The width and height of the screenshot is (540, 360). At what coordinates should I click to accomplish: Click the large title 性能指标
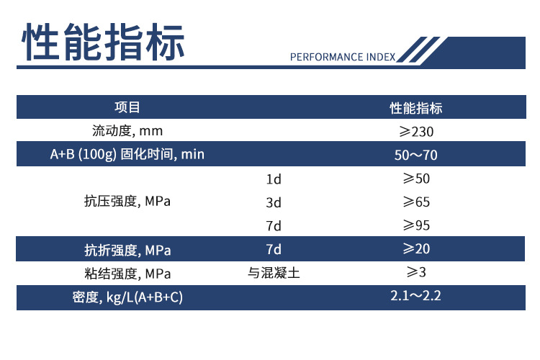(x=103, y=42)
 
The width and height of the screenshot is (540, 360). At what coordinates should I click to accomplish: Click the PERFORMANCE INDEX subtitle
(x=343, y=57)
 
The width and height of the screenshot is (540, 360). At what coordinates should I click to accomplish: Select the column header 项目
(x=127, y=107)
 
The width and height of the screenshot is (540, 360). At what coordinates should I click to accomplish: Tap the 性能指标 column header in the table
(x=416, y=108)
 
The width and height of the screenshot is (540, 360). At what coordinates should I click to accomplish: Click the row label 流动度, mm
(x=127, y=131)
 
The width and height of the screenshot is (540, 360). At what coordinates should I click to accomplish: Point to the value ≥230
(x=416, y=132)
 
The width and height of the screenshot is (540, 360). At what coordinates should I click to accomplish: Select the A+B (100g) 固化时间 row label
(x=127, y=154)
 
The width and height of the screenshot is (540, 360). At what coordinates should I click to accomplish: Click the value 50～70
(x=415, y=155)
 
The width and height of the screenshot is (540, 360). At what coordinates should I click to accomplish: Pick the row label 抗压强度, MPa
(x=127, y=201)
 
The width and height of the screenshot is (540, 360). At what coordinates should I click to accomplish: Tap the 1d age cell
(x=274, y=179)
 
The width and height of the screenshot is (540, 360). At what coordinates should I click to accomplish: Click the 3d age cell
(x=274, y=202)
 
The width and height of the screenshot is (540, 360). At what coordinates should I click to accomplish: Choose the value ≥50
(x=416, y=179)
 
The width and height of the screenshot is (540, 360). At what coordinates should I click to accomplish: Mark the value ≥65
(x=416, y=202)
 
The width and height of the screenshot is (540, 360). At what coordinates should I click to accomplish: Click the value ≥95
(x=416, y=225)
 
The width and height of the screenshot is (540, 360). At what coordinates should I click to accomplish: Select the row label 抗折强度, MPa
(x=127, y=250)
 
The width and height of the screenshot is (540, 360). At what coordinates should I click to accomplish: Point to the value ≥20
(x=416, y=248)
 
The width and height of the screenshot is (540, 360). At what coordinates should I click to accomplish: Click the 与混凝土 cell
(x=274, y=273)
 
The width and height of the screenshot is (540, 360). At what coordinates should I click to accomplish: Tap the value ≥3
(x=416, y=272)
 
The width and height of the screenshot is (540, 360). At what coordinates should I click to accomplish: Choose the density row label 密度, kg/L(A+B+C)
(x=127, y=297)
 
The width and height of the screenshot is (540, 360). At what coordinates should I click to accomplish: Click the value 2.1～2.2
(x=415, y=296)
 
